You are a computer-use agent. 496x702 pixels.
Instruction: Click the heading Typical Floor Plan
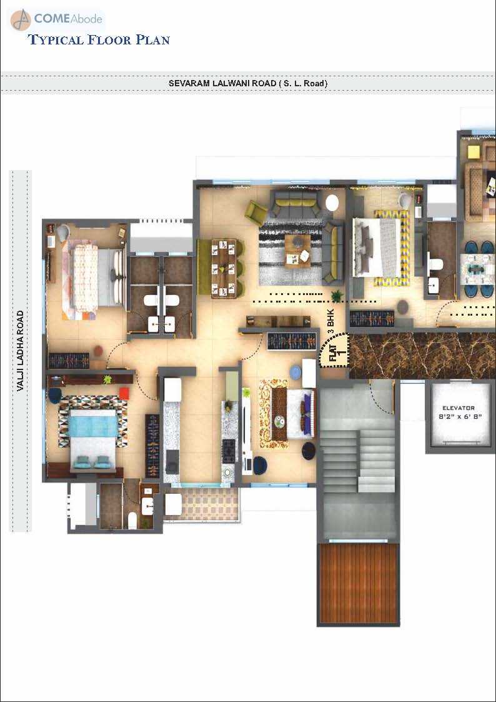99,40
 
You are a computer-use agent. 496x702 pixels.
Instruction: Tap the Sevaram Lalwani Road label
248,83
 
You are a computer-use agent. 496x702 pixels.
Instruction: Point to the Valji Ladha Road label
20,351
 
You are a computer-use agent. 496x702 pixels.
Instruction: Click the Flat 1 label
338,349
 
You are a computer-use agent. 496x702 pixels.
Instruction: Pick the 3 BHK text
331,316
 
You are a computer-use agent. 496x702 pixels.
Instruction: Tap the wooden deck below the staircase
358,584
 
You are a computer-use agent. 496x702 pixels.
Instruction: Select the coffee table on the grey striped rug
297,251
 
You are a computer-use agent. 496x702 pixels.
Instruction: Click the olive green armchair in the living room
255,213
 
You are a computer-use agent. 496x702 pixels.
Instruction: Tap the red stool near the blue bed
124,394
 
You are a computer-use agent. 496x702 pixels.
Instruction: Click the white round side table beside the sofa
332,203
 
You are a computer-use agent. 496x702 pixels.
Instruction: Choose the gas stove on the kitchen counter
229,451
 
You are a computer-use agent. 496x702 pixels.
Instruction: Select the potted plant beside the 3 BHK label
337,295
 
